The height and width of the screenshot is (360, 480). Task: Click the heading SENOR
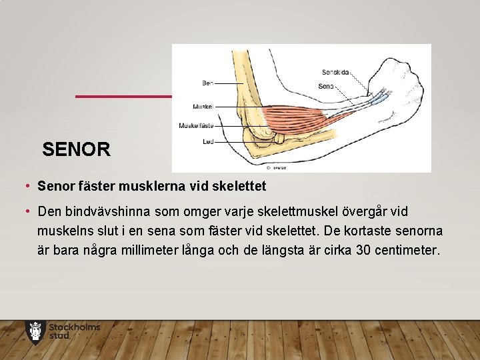coord(76,149)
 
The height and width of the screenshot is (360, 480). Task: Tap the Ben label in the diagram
coord(207,83)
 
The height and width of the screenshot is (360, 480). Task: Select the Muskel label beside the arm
coord(203,107)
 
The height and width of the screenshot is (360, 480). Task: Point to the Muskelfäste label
coord(196,125)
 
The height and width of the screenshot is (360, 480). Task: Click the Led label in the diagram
coord(207,141)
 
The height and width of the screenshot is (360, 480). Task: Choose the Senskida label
coord(335,72)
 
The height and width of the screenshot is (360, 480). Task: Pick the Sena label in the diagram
coord(326,86)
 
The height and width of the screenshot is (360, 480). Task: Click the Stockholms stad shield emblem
coord(35,331)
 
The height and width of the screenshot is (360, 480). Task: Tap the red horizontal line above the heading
coord(123,97)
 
